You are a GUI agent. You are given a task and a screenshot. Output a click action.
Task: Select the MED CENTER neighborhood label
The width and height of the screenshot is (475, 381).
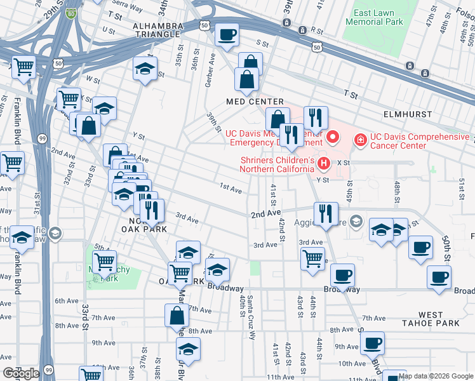(255, 102)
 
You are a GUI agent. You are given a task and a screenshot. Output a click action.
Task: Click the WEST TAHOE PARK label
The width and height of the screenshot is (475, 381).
(439, 319)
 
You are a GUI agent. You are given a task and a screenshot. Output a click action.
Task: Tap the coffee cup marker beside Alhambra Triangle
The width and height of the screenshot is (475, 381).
(227, 35)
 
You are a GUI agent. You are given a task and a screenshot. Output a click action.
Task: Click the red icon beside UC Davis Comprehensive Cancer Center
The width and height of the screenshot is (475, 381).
(360, 137)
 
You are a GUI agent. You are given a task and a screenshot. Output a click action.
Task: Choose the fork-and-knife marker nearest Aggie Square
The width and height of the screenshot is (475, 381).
(326, 213)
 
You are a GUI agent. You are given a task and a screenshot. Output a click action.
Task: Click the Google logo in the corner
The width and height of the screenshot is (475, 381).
(20, 373)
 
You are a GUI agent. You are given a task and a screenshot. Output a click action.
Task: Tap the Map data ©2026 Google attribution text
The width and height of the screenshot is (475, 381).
(436, 376)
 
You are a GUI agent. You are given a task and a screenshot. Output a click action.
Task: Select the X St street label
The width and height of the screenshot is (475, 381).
(344, 163)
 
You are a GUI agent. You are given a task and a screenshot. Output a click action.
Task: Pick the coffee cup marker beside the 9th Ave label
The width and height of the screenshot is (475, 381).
(373, 344)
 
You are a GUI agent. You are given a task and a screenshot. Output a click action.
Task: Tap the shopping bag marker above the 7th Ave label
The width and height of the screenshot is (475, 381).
(177, 315)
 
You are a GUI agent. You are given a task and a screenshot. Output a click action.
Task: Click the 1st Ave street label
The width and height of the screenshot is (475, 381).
(231, 189)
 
